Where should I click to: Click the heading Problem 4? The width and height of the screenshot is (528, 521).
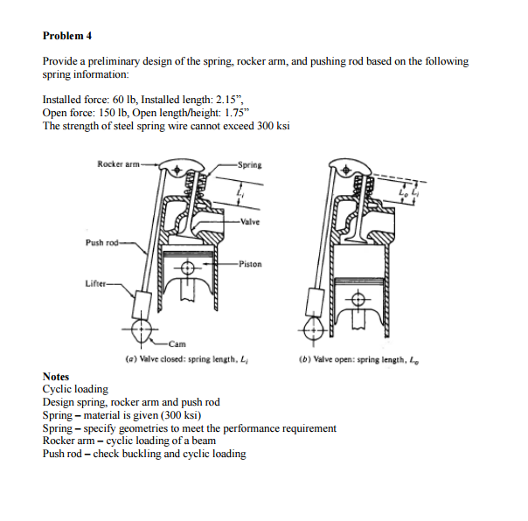coord(67,36)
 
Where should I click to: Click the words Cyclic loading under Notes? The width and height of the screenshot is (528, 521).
coord(75,389)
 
